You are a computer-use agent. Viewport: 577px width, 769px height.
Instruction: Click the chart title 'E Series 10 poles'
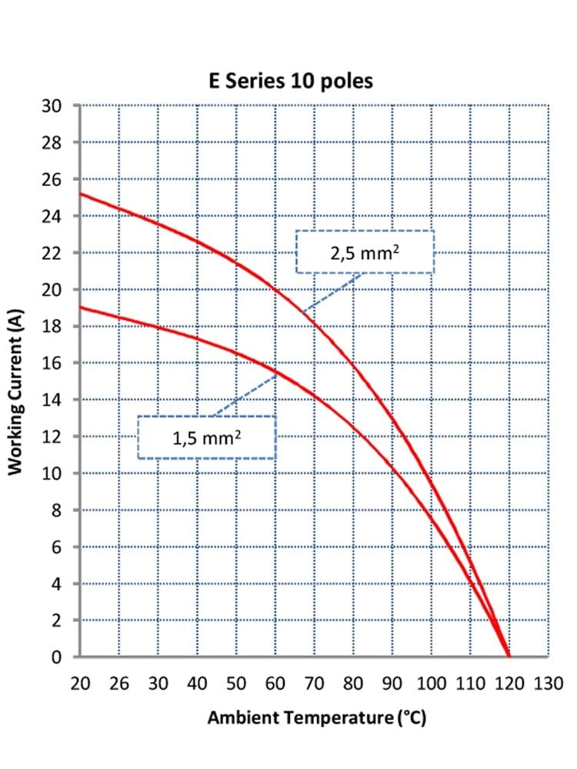[x=291, y=81]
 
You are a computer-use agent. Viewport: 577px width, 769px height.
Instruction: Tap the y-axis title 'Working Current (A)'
[x=15, y=392]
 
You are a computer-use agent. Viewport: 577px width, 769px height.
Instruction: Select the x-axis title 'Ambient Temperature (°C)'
[x=317, y=718]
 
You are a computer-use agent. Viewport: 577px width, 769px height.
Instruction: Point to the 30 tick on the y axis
[x=52, y=105]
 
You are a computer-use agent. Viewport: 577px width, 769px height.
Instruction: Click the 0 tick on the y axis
[x=56, y=657]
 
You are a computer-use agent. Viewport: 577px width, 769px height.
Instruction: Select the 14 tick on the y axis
[x=52, y=400]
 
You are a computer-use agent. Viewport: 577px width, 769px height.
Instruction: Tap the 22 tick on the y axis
[x=52, y=253]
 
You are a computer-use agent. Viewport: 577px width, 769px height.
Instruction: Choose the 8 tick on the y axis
[x=56, y=510]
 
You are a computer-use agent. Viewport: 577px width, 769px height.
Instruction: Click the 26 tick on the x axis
[x=119, y=683]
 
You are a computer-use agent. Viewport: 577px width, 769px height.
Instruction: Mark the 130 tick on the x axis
[x=549, y=683]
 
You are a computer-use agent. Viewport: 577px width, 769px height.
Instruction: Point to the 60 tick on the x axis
[x=275, y=683]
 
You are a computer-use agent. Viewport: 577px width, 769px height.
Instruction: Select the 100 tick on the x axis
[x=432, y=683]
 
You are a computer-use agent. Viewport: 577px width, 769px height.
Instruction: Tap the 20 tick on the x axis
[x=81, y=683]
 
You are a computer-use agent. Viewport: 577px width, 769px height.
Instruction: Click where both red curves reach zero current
[x=509, y=656]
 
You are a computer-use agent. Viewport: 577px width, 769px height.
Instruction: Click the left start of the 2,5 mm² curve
[x=81, y=194]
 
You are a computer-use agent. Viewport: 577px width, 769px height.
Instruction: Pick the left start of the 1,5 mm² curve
[x=81, y=308]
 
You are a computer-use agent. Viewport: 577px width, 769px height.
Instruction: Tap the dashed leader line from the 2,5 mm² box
[x=332, y=293]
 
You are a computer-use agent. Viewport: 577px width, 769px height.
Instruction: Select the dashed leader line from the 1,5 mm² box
[x=245, y=396]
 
